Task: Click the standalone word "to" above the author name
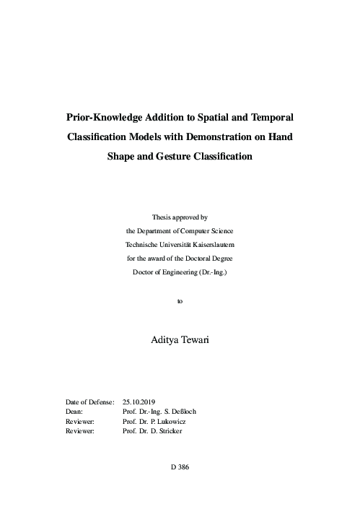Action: pyautogui.click(x=180, y=301)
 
